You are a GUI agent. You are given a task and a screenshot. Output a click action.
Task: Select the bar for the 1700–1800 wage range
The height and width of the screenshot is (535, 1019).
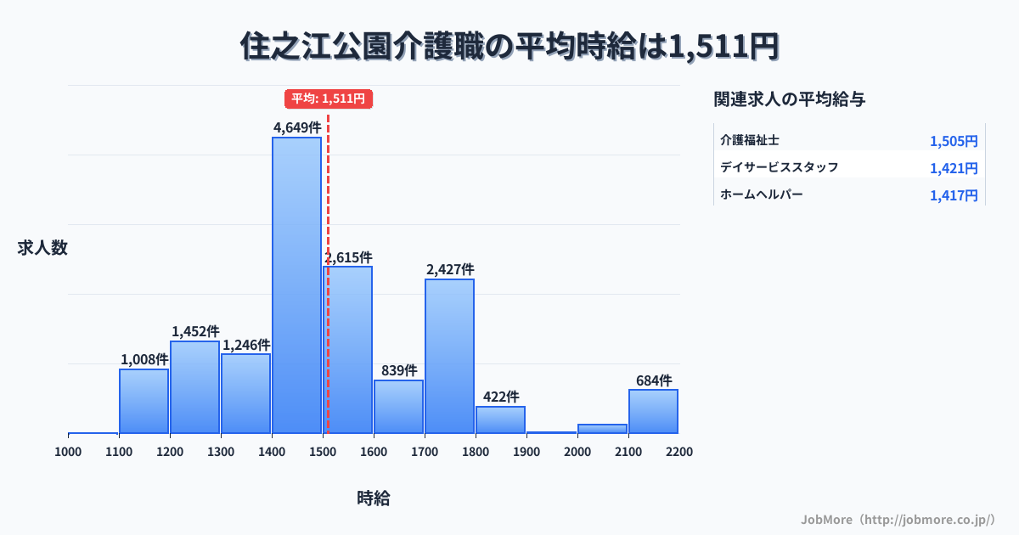pyautogui.click(x=449, y=356)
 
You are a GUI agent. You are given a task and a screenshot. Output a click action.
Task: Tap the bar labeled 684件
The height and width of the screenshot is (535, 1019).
pyautogui.click(x=653, y=411)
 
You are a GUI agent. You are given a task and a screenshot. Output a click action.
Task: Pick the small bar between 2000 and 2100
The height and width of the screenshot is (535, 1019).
pyautogui.click(x=602, y=428)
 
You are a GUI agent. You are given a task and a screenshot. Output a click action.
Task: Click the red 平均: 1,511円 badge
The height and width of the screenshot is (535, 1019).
pyautogui.click(x=329, y=99)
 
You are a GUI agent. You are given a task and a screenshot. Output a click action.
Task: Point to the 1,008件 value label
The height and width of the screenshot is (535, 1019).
pyautogui.click(x=144, y=359)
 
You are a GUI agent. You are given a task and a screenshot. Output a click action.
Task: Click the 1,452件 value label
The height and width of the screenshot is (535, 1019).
pyautogui.click(x=195, y=331)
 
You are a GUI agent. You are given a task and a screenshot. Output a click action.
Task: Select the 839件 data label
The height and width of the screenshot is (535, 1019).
pyautogui.click(x=399, y=370)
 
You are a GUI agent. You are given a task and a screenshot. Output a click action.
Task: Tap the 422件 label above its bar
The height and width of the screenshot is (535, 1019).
pyautogui.click(x=501, y=397)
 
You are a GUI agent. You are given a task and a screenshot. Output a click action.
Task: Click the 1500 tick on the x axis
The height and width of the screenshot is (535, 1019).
pyautogui.click(x=323, y=452)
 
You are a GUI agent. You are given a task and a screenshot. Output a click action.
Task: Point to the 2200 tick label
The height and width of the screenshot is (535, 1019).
pyautogui.click(x=679, y=452)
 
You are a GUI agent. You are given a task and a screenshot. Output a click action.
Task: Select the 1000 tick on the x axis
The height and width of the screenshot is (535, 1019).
pyautogui.click(x=68, y=452)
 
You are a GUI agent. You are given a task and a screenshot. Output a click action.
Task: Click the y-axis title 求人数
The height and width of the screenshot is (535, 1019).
pyautogui.click(x=42, y=248)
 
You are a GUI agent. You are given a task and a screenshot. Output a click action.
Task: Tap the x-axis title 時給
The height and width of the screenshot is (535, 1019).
pyautogui.click(x=374, y=498)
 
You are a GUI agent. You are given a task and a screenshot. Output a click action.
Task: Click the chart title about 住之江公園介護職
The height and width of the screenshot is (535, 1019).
pyautogui.click(x=509, y=47)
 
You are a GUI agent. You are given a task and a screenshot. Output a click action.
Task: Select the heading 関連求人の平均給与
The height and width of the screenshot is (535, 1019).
pyautogui.click(x=790, y=99)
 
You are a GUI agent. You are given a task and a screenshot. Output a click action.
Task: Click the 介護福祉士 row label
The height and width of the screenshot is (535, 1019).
pyautogui.click(x=750, y=139)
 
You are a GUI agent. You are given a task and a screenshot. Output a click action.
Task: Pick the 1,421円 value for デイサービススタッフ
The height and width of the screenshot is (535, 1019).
pyautogui.click(x=954, y=168)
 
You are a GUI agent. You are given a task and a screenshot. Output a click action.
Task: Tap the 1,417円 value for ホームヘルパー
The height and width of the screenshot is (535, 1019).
pyautogui.click(x=954, y=195)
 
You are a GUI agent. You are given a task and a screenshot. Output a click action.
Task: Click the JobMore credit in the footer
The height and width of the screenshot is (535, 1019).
pyautogui.click(x=898, y=519)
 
